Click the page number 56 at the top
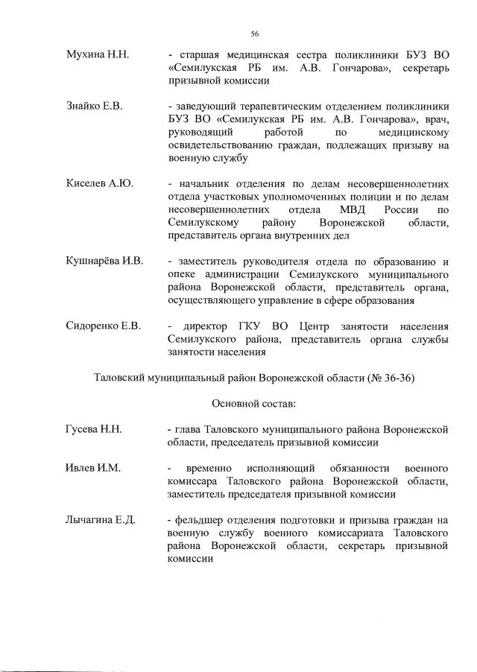click(x=254, y=34)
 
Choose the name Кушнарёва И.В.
click(x=104, y=261)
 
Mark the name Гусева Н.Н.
click(x=93, y=430)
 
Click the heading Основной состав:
click(x=254, y=404)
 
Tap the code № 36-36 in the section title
click(x=389, y=378)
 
